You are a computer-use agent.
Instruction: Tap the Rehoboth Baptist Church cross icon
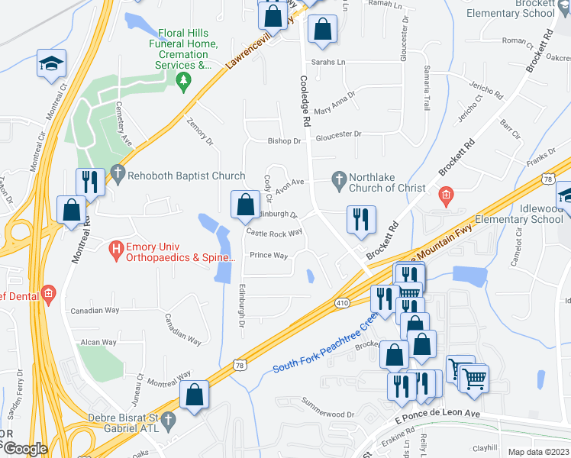tap(117, 175)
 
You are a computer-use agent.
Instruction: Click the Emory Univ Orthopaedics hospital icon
tap(117, 248)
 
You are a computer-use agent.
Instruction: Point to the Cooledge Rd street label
tap(306, 101)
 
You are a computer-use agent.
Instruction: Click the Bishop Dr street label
tap(285, 141)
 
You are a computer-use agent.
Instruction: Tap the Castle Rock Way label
tap(274, 232)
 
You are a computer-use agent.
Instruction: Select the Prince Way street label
tap(269, 256)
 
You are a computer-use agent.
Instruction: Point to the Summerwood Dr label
tap(329, 407)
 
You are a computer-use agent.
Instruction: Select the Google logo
tap(25, 448)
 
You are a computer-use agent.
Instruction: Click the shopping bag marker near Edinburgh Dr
tap(245, 204)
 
